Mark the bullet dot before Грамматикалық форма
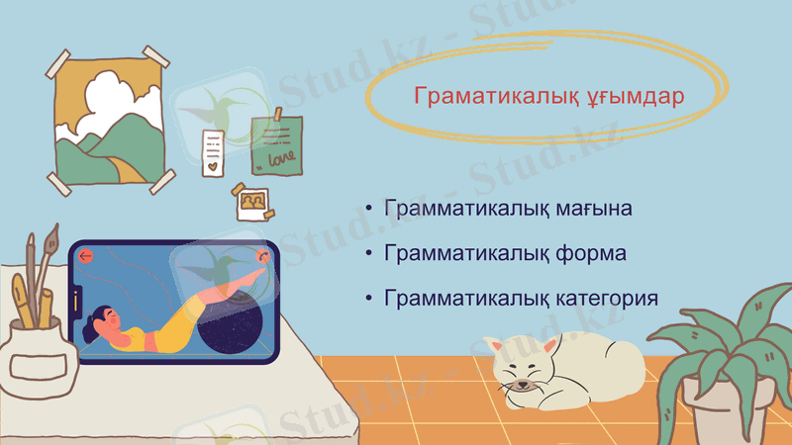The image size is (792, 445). tap(369, 254)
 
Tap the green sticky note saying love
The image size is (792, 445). tap(276, 144)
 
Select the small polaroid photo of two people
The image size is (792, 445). tap(252, 203)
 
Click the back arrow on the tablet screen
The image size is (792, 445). tap(86, 256)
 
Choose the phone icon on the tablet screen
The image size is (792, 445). tap(263, 255)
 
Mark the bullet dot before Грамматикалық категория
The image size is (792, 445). tap(369, 299)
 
